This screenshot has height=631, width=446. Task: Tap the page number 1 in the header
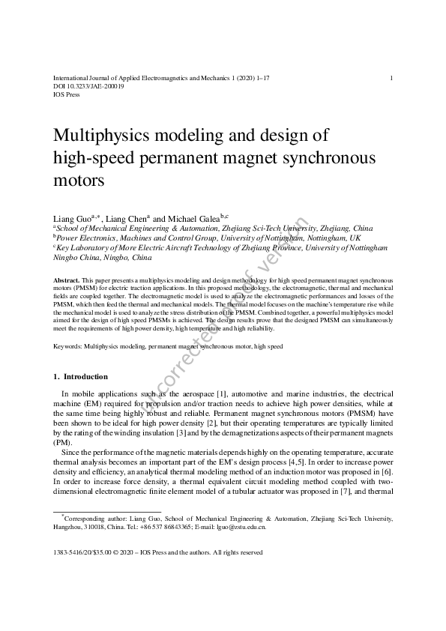(391, 78)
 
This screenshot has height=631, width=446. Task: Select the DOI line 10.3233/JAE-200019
(88, 86)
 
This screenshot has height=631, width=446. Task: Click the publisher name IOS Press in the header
(66, 94)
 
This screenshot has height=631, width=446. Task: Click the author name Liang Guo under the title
(70, 218)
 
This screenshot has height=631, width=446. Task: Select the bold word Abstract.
(67, 280)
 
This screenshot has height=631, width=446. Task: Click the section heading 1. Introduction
(80, 376)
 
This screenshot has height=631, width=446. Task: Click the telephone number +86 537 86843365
(164, 527)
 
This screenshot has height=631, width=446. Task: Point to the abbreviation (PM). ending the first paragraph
(62, 442)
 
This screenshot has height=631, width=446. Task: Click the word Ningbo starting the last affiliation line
(68, 257)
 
